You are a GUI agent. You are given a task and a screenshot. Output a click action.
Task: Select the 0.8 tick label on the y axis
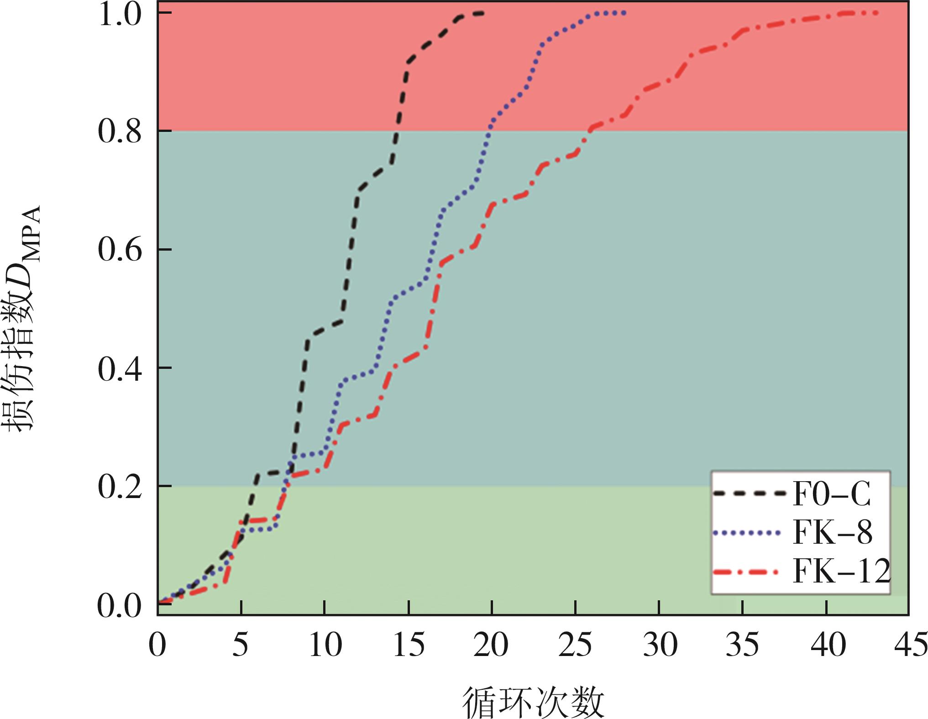pyautogui.click(x=120, y=132)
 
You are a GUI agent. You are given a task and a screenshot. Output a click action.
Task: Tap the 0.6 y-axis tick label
pyautogui.click(x=120, y=251)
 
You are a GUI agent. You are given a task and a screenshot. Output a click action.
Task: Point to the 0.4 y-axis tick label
pyautogui.click(x=120, y=369)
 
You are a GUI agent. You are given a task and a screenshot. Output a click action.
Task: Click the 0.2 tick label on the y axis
pyautogui.click(x=120, y=487)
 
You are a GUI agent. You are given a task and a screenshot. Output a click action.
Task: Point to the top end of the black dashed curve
pyautogui.click(x=482, y=13)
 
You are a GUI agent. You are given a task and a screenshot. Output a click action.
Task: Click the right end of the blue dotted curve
pyautogui.click(x=624, y=13)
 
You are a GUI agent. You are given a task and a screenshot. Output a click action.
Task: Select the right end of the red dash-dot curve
pyautogui.click(x=876, y=13)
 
